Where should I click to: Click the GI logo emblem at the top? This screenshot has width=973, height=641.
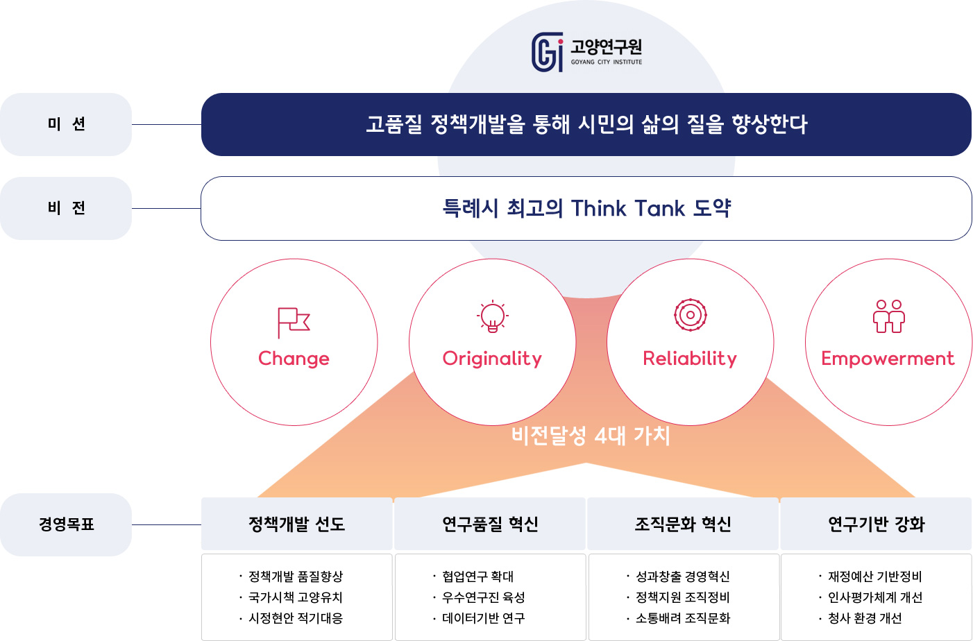(x=548, y=51)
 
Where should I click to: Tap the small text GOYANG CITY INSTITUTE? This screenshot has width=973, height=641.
(x=607, y=62)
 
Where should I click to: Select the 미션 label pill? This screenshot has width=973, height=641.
(x=66, y=124)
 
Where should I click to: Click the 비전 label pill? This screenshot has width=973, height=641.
(x=66, y=208)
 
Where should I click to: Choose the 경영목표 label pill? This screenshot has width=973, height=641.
(x=66, y=524)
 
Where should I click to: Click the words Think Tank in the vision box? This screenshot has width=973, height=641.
(x=627, y=208)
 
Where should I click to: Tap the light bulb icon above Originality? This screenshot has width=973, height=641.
(x=492, y=316)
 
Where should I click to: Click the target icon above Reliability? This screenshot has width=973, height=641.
(x=691, y=315)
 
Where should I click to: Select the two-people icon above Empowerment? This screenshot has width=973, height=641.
(x=889, y=316)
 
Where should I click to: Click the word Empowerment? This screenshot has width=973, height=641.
(x=888, y=358)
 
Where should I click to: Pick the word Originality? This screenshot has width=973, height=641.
(x=492, y=359)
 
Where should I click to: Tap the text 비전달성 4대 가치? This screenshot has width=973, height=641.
(x=591, y=436)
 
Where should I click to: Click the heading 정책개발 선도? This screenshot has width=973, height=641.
(x=296, y=524)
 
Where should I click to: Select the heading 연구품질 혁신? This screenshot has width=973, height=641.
(x=490, y=524)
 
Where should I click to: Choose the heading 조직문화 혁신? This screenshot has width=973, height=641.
(x=683, y=524)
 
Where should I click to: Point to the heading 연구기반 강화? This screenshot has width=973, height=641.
(x=876, y=524)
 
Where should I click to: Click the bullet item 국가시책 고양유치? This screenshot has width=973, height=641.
(x=296, y=597)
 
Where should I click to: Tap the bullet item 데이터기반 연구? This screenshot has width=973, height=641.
(x=484, y=618)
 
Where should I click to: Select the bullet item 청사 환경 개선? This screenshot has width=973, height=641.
(x=865, y=618)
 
